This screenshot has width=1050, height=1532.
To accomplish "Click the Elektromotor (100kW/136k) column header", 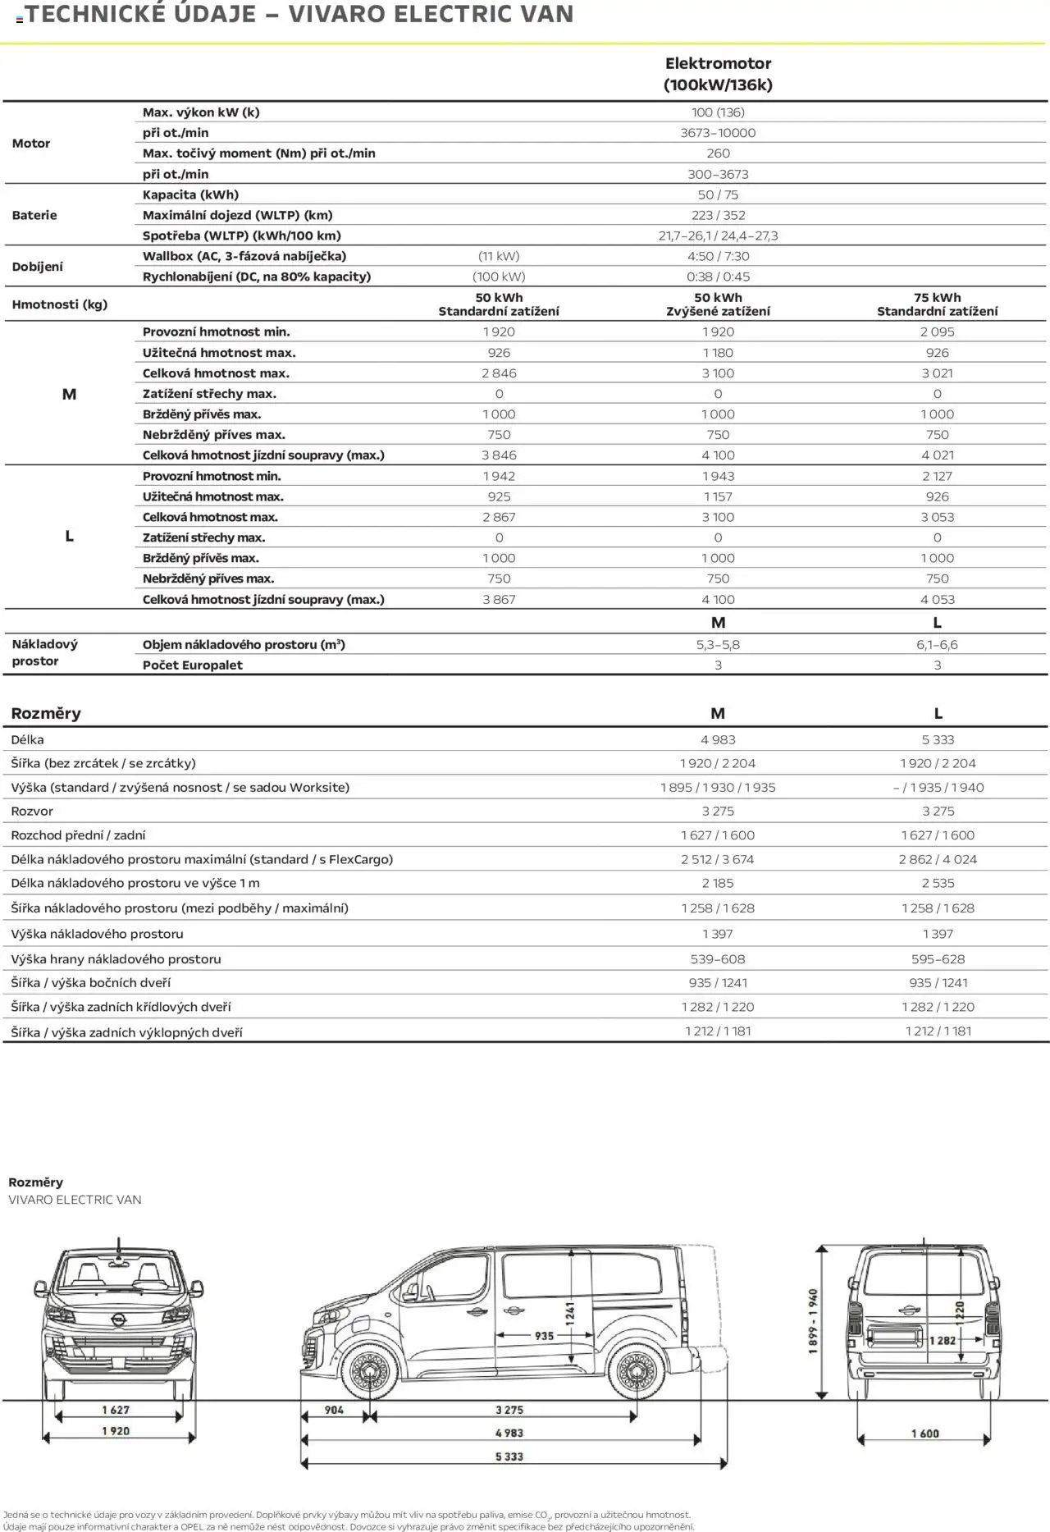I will pos(718,74).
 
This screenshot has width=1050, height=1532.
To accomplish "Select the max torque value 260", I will pos(718,153).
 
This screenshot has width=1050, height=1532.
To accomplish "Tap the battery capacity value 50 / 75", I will pos(718,194).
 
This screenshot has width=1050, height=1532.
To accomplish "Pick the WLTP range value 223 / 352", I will pos(718,215).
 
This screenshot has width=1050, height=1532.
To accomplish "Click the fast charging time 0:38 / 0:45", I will pos(718,277).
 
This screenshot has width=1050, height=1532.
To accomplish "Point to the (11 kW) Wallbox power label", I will pos(499,256).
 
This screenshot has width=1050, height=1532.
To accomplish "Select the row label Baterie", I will pos(34,215).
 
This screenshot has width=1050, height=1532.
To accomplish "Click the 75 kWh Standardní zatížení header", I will pos(937,304).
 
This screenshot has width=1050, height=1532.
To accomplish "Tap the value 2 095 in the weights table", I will pos(937,332).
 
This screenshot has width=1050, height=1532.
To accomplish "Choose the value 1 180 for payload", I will pos(718,353).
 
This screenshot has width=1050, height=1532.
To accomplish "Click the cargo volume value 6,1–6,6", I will pos(937,645).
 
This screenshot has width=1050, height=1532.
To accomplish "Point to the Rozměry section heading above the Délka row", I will pos(46,713).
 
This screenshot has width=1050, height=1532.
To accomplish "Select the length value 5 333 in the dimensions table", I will pos(938,739).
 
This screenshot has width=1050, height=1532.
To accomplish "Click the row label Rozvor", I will pos(32,811).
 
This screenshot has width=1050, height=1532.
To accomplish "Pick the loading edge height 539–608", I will pos(718,958).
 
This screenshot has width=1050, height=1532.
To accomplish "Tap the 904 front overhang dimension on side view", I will pos(334,1410).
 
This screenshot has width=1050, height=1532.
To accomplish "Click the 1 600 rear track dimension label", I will pos(924,1434).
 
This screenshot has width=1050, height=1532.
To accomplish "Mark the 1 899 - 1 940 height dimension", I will pos(813,1321).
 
